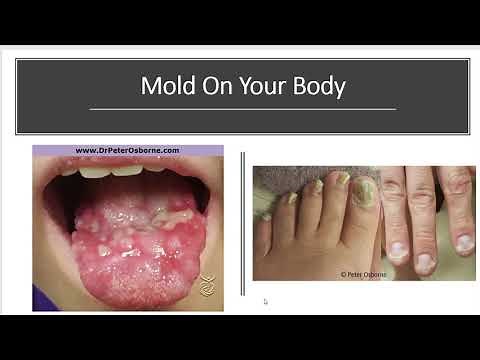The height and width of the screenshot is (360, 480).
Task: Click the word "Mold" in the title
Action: click(x=165, y=86)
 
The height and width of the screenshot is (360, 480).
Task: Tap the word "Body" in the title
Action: click(x=320, y=86)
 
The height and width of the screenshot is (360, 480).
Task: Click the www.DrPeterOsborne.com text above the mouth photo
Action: click(x=127, y=151)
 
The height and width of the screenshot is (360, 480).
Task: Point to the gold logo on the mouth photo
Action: click(x=207, y=284)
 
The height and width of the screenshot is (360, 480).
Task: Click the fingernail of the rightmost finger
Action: click(x=465, y=242)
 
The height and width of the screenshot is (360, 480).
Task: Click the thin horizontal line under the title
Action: click(x=243, y=108)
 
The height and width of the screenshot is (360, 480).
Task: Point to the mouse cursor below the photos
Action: click(x=265, y=301)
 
